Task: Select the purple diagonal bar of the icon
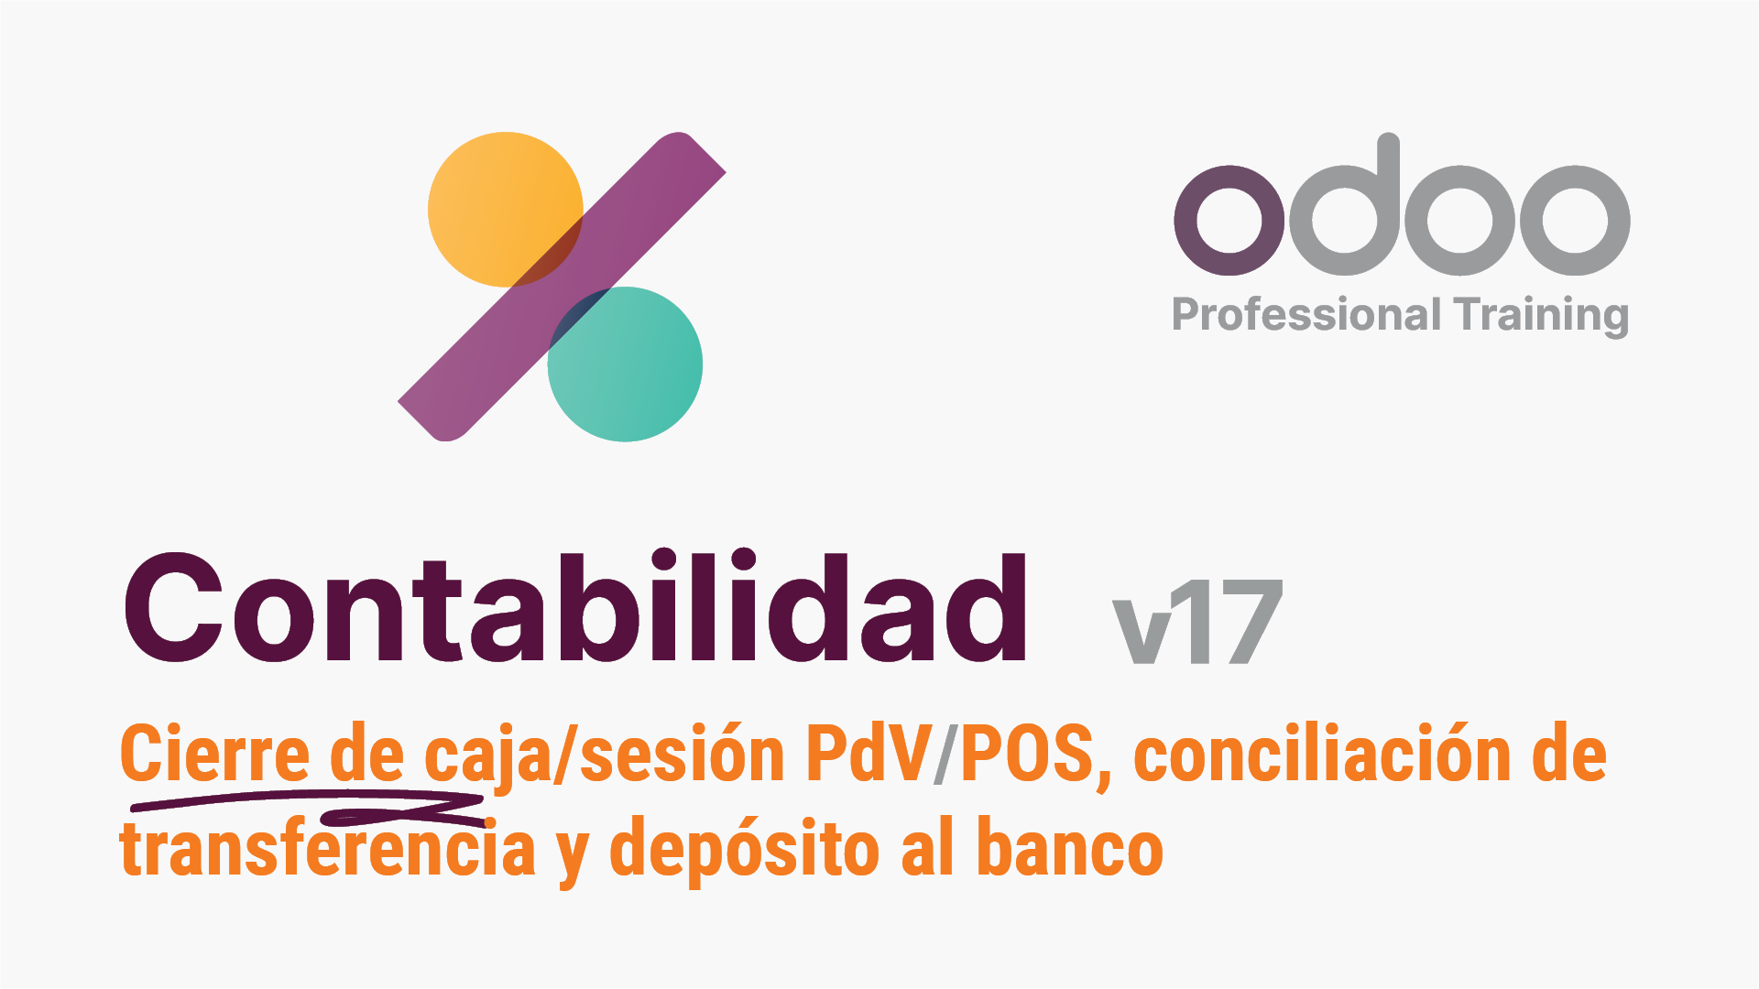[562, 287]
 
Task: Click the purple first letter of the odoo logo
[1229, 221]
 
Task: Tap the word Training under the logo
[1541, 316]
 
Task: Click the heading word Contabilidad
[575, 607]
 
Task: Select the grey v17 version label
[1197, 622]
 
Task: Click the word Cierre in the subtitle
[215, 755]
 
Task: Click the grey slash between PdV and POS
[946, 755]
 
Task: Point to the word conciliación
[1324, 755]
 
